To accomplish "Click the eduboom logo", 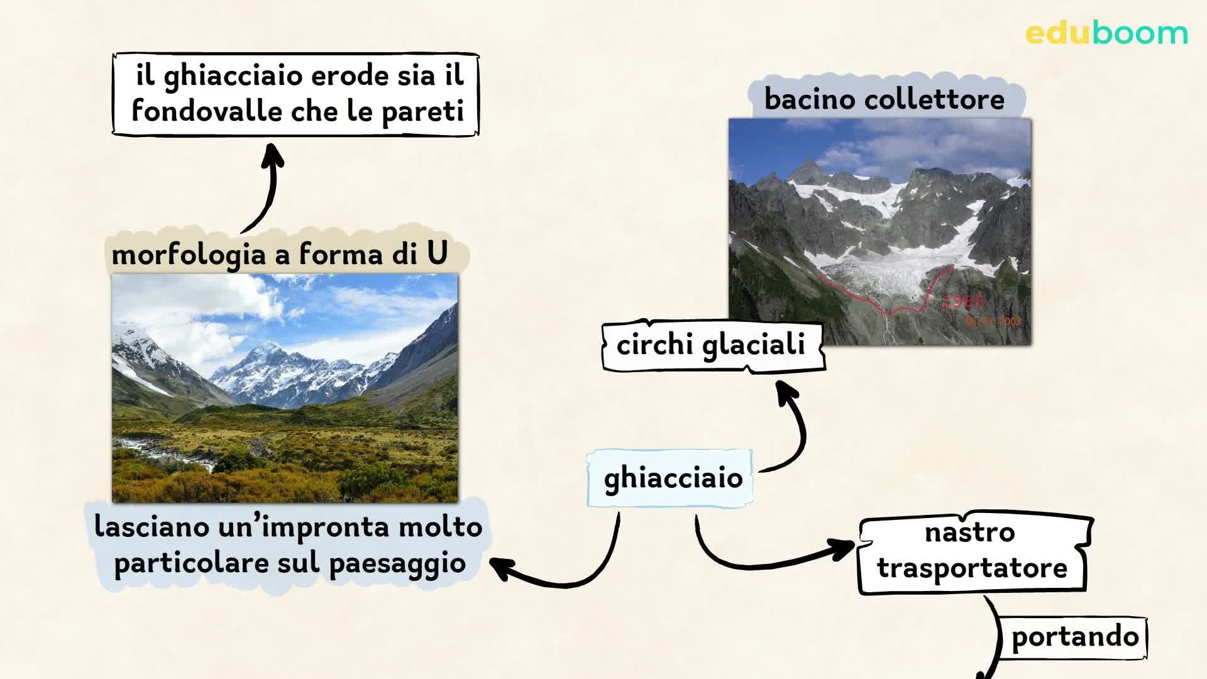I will (1106, 33).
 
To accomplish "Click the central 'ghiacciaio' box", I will (672, 478).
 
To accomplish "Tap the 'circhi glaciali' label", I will (711, 345).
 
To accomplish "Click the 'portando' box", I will (1074, 637).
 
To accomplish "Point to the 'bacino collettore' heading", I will (884, 99).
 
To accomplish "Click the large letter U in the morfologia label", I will (437, 253).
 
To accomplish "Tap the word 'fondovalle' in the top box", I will (207, 112).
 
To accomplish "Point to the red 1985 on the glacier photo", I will (963, 301).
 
